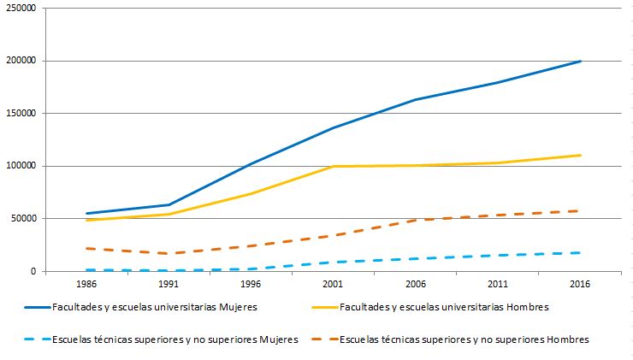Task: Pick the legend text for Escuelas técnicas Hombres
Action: pyautogui.click(x=464, y=340)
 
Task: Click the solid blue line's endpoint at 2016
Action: pyautogui.click(x=581, y=61)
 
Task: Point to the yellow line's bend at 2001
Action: pyautogui.click(x=333, y=166)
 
